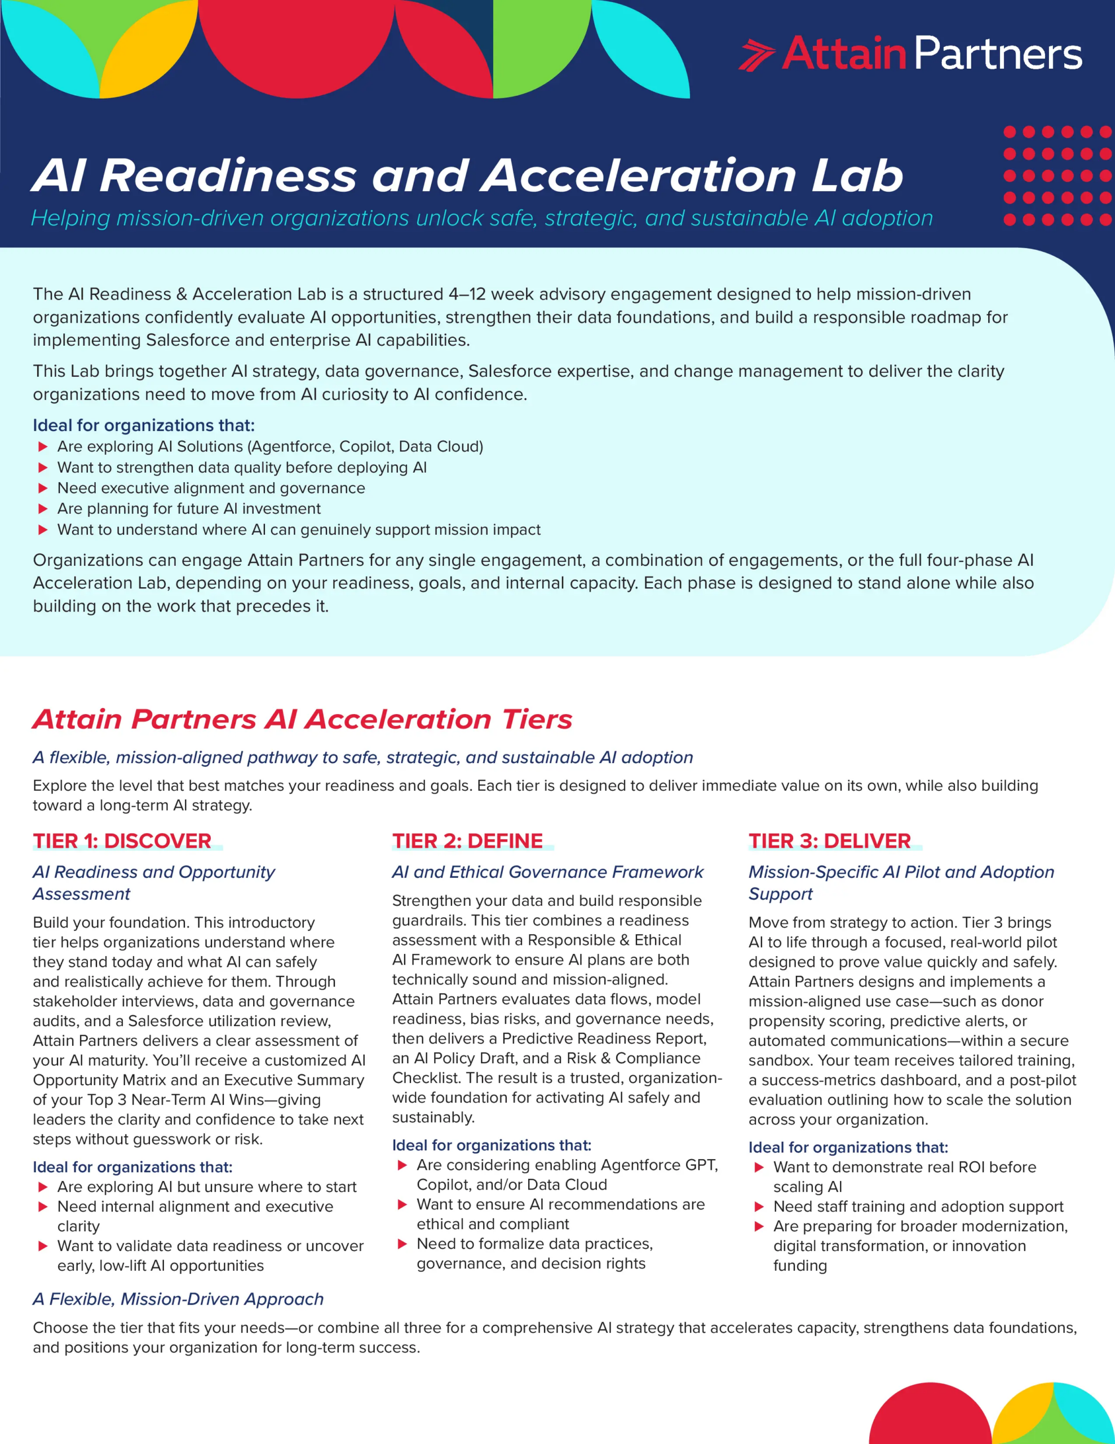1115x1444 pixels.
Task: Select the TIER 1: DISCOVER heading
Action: tap(122, 841)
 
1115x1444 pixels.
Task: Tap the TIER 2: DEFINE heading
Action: tap(467, 841)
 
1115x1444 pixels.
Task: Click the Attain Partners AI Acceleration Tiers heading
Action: tap(302, 719)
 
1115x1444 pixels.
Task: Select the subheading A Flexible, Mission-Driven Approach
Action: tap(179, 1299)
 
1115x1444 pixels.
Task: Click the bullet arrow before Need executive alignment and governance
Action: tap(43, 488)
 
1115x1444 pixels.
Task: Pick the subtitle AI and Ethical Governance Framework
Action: tap(547, 872)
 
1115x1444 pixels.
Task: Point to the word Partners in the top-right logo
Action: tap(998, 54)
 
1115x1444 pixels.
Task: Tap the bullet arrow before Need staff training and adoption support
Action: tap(759, 1207)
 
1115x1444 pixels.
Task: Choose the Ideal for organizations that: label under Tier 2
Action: tap(491, 1145)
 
